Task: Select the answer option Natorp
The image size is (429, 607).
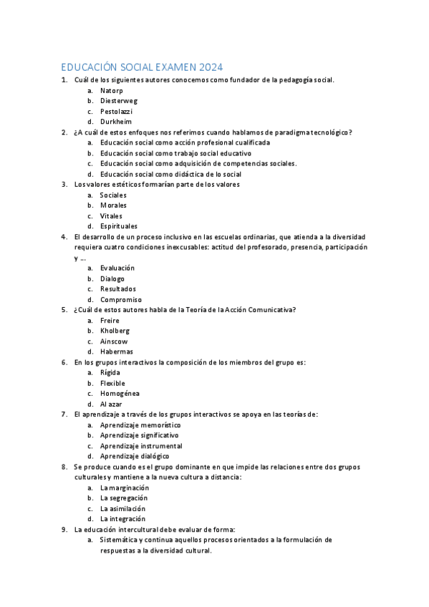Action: pyautogui.click(x=112, y=91)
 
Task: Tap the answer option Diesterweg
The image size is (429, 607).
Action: pyautogui.click(x=118, y=101)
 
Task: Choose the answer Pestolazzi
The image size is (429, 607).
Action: pyautogui.click(x=116, y=112)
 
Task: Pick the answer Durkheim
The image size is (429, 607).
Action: pyautogui.click(x=115, y=122)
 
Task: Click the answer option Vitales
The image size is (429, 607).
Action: pyautogui.click(x=111, y=215)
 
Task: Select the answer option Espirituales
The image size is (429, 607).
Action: pyautogui.click(x=118, y=226)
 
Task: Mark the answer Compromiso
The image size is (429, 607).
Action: pyautogui.click(x=120, y=299)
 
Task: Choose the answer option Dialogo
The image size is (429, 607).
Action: pyautogui.click(x=112, y=278)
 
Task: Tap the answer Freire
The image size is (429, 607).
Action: pyautogui.click(x=110, y=320)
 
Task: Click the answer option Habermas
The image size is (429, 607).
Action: pyautogui.click(x=116, y=351)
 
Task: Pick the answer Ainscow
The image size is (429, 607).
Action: pyautogui.click(x=115, y=341)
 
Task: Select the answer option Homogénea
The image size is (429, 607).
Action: pyautogui.click(x=120, y=393)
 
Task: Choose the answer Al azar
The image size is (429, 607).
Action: pyautogui.click(x=111, y=404)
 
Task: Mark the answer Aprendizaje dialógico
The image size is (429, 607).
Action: pyautogui.click(x=135, y=455)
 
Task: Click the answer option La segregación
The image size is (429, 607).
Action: pyautogui.click(x=124, y=497)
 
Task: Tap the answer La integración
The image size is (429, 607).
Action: pyautogui.click(x=122, y=518)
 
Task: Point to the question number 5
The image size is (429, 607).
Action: pyautogui.click(x=64, y=309)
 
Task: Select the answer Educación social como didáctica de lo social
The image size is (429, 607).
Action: pyautogui.click(x=170, y=174)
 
